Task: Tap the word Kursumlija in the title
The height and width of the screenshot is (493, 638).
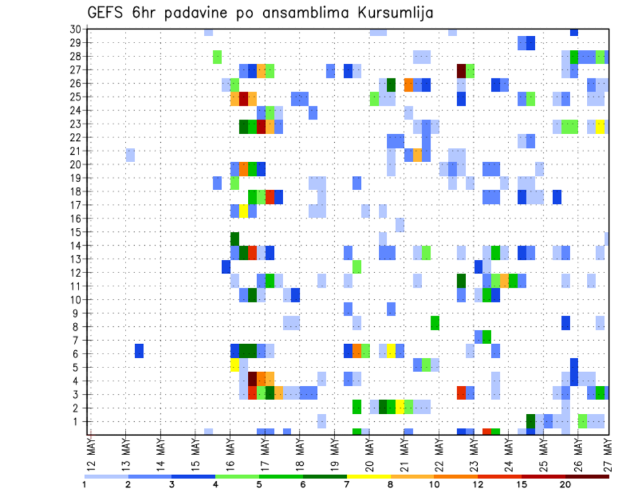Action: [x=392, y=13]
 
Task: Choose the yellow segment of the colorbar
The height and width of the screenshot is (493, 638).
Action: [x=369, y=476]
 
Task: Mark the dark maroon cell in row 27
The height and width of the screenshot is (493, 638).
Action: [x=461, y=70]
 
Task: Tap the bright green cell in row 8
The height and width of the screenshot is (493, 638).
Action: [x=435, y=323]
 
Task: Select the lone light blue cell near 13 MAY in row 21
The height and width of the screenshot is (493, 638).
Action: [x=130, y=155]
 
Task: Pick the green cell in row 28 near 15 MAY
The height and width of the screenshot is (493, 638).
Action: [x=217, y=56]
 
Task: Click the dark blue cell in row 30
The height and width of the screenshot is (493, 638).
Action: [x=574, y=31]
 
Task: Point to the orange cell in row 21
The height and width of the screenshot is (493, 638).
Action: [x=417, y=155]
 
